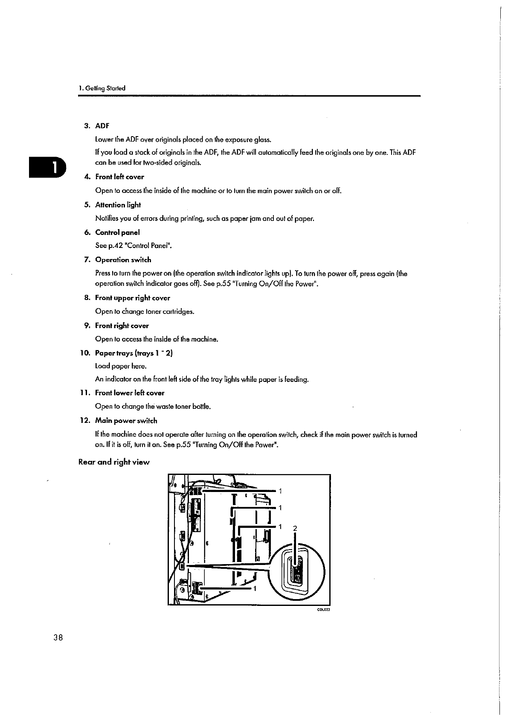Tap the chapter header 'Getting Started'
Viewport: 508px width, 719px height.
102,88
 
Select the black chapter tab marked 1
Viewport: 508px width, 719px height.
47,167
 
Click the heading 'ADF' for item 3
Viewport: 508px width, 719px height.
102,126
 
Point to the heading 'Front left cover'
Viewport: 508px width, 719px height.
119,177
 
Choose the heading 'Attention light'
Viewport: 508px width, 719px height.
118,205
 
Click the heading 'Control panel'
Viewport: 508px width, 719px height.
117,232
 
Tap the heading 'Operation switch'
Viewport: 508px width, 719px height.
123,259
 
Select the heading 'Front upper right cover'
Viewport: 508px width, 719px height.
132,298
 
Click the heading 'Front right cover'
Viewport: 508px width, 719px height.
122,326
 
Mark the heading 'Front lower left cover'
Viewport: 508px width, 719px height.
129,393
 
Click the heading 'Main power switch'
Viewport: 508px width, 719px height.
126,420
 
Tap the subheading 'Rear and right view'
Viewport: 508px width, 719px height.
114,462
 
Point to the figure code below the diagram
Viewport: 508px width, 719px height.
324,609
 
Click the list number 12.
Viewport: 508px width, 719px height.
85,420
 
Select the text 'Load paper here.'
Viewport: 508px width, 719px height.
121,366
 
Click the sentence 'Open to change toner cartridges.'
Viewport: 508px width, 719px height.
145,311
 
